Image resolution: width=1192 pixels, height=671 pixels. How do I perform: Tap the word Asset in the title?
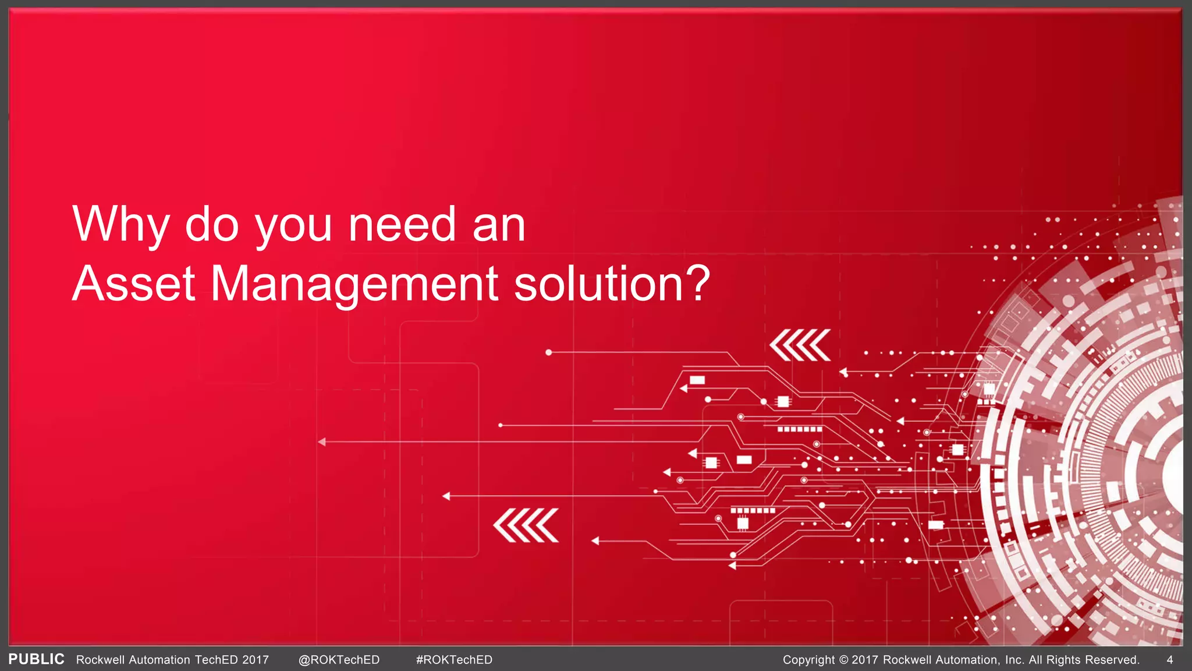[133, 284]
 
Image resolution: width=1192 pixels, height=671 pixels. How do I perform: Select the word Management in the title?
[354, 284]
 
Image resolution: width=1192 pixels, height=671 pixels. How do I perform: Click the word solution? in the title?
[612, 284]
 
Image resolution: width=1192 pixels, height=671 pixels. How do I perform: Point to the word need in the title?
[402, 225]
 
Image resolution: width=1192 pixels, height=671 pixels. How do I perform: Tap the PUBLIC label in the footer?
[37, 659]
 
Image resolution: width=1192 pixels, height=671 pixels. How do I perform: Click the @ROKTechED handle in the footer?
[339, 660]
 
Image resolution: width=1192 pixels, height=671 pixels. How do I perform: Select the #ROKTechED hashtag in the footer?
[454, 660]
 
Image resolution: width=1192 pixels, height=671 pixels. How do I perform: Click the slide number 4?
[1170, 660]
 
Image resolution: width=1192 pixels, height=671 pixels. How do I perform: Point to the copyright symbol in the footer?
[843, 660]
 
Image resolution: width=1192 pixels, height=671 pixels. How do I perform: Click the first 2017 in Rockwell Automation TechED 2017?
[256, 660]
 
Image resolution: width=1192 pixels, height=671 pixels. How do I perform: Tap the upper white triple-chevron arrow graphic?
[800, 345]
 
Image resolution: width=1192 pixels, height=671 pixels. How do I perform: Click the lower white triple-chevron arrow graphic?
[526, 525]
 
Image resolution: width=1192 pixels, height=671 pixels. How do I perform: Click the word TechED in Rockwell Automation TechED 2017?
[217, 660]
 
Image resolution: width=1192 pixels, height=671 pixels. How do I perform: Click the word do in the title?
[212, 225]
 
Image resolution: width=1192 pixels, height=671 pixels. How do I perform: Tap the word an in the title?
[499, 225]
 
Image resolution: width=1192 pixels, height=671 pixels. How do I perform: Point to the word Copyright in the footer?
[808, 660]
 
